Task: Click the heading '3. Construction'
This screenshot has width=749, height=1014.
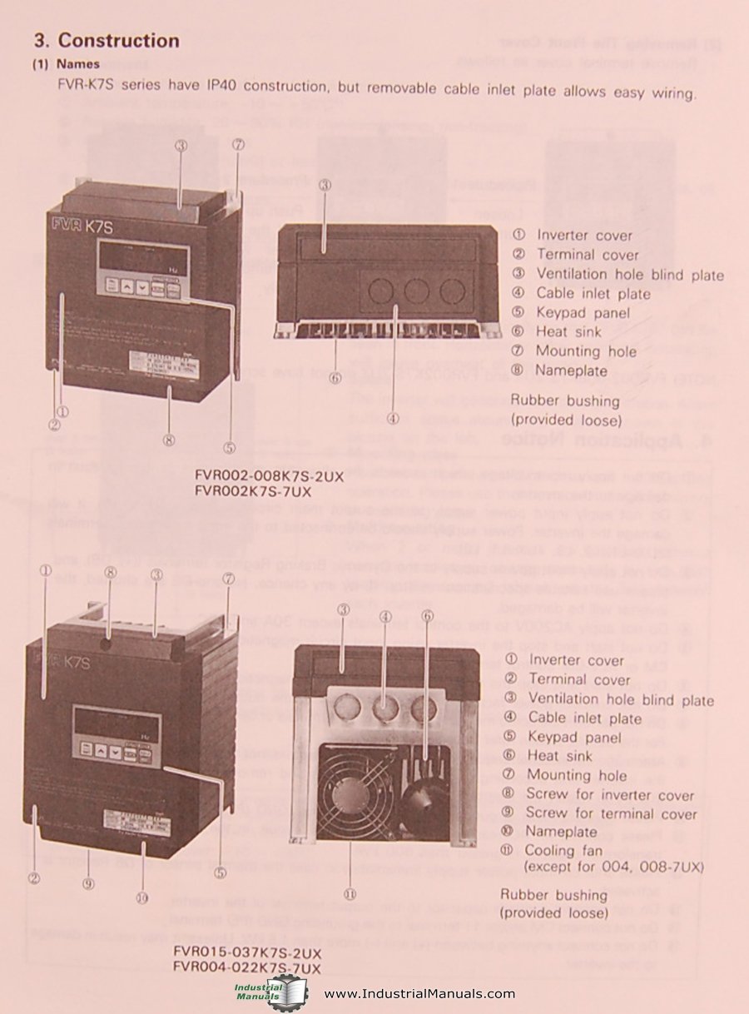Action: (106, 40)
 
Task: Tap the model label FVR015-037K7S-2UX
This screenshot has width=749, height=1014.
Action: (246, 950)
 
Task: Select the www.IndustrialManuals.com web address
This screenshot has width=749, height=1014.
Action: (419, 993)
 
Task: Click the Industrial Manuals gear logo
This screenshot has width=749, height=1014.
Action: (270, 992)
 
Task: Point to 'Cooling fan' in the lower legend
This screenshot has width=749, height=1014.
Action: (562, 851)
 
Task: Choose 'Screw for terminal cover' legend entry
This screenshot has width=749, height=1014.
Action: (611, 813)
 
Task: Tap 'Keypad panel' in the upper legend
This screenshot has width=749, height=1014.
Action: (583, 313)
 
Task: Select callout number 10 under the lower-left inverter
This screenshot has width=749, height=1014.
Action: (141, 897)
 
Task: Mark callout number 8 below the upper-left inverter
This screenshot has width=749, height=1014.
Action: (169, 440)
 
